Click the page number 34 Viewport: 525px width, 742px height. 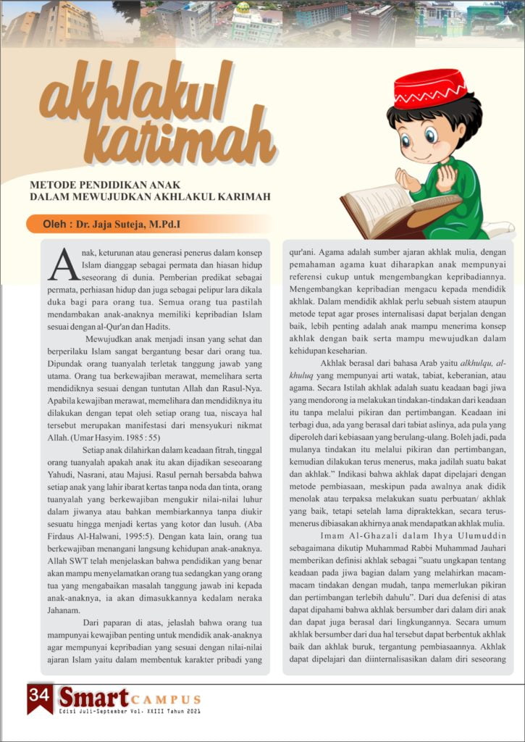39,694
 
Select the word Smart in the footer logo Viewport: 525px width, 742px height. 93,697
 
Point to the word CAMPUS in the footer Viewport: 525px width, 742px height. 166,699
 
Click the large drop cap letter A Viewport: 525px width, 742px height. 62,264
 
